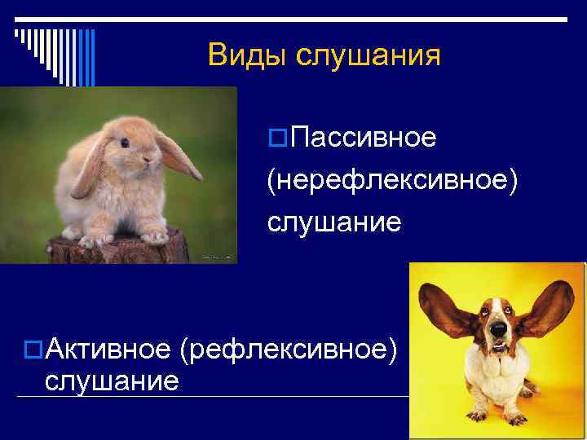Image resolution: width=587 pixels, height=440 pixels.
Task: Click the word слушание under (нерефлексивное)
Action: (x=335, y=221)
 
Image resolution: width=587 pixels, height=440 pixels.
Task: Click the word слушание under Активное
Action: (x=113, y=379)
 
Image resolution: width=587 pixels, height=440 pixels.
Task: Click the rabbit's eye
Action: (x=125, y=142)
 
